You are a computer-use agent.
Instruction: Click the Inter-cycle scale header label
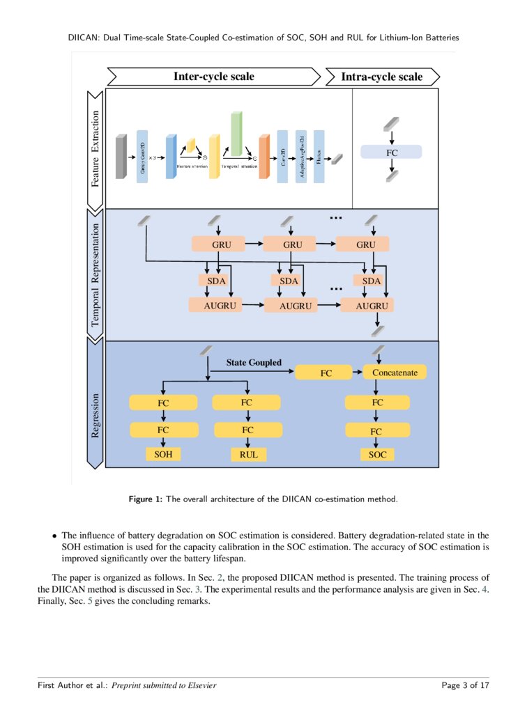point(213,77)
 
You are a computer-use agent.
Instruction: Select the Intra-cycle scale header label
point(381,77)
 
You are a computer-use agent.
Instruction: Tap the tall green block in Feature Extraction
point(236,134)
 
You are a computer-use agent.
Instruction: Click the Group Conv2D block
point(143,157)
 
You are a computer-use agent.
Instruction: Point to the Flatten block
point(319,157)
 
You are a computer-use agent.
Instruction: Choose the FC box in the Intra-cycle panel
point(391,152)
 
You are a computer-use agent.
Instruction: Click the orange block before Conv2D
point(263,158)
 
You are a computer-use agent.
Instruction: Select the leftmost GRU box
point(221,244)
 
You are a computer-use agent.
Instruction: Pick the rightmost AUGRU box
point(367,306)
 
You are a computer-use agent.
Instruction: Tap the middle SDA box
point(289,281)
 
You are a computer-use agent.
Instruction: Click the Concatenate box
point(395,373)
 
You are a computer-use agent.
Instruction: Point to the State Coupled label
point(254,362)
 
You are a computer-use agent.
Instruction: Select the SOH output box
point(162,454)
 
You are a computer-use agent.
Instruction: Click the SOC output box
point(377,454)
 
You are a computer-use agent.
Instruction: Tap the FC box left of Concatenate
point(326,373)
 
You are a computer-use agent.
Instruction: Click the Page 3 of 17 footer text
point(465,685)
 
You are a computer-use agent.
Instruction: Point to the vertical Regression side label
point(95,415)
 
